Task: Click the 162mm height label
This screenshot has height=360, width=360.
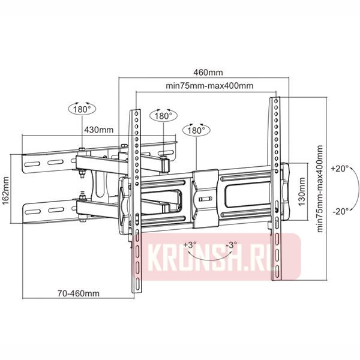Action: coord(5,190)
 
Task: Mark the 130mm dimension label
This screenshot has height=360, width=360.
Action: coord(304,190)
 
